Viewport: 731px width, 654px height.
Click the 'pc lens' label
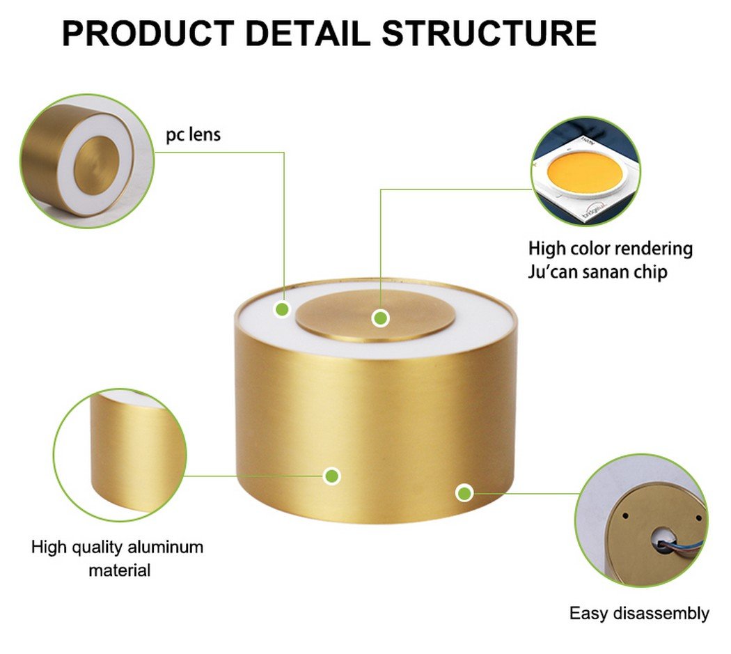[x=193, y=134]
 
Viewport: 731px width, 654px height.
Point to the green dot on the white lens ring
[x=282, y=309]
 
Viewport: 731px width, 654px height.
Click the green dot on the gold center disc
[x=380, y=318]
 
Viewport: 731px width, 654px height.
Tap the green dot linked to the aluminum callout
[x=333, y=476]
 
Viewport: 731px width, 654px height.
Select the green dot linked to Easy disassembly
[x=464, y=493]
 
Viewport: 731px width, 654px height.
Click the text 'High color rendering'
[x=610, y=248]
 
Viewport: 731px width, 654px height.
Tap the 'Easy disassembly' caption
[x=638, y=614]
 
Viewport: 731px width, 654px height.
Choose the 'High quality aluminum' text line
[x=117, y=547]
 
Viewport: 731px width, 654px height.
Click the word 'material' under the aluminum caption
[x=119, y=570]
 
